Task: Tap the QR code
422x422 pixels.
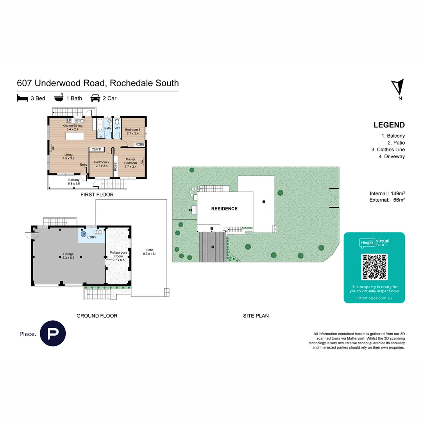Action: pos(374,267)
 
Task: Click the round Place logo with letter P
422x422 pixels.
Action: pos(53,334)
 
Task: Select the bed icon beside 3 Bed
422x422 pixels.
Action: pos(22,98)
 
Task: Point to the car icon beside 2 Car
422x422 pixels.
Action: pos(95,98)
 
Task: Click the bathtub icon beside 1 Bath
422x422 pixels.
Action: pos(59,98)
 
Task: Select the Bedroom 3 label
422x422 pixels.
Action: pos(132,131)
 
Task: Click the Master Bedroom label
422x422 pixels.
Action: pos(131,161)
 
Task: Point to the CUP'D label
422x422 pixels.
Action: pos(96,149)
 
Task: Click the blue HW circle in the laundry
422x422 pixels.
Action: pos(83,234)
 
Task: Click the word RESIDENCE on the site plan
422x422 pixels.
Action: pos(224,209)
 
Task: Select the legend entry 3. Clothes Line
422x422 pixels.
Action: pos(388,150)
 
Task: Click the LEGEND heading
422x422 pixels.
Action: pos(389,125)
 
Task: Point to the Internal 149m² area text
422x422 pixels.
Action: pos(387,193)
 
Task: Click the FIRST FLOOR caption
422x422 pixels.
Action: pos(97,194)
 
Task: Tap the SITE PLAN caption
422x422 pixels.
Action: pos(256,316)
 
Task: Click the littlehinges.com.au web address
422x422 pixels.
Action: pos(374,298)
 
